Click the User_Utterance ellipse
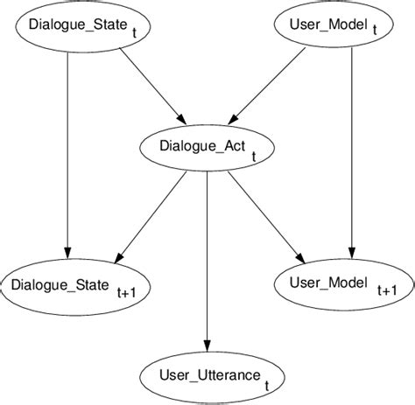point(207,377)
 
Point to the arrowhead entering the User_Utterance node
point(207,343)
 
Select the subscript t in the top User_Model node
point(375,29)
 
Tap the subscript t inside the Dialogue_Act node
point(254,157)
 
